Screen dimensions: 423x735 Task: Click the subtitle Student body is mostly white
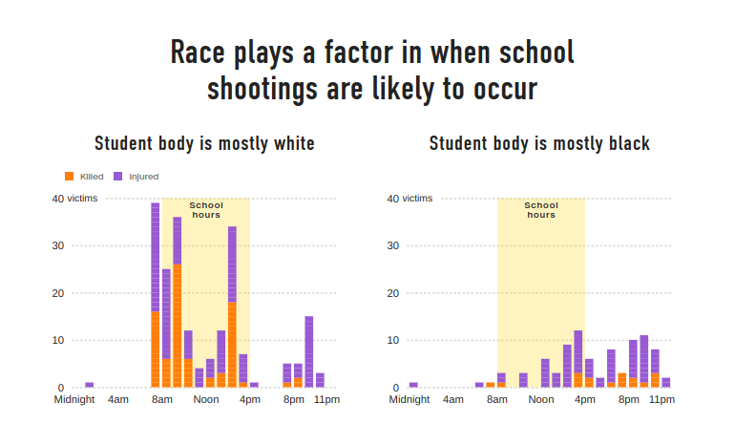(204, 144)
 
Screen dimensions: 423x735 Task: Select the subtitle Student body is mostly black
(539, 144)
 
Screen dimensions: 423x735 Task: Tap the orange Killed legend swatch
(69, 177)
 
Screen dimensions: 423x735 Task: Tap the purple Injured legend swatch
(117, 177)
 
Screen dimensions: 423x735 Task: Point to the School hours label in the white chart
(206, 210)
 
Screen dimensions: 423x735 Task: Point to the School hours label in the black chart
(541, 210)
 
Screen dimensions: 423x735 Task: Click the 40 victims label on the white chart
(68, 199)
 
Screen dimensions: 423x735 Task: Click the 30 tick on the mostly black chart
(393, 245)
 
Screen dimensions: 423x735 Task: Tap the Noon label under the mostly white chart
(206, 399)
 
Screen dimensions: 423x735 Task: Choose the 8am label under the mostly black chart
(497, 399)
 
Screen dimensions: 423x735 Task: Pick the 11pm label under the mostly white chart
(327, 399)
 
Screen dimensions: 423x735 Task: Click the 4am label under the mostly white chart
(118, 399)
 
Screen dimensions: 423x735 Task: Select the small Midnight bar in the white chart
(89, 385)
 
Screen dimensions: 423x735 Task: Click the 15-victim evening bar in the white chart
(309, 351)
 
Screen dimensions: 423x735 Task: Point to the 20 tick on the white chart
(58, 293)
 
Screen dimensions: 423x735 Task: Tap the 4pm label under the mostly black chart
(584, 399)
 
